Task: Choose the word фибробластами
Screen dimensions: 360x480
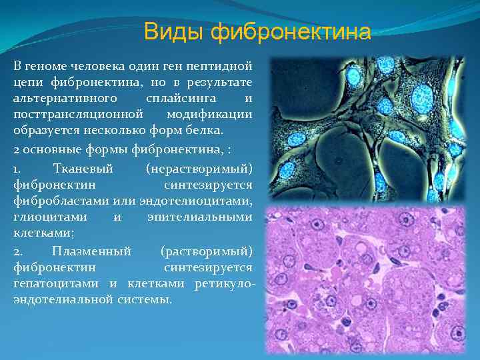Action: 55,201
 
